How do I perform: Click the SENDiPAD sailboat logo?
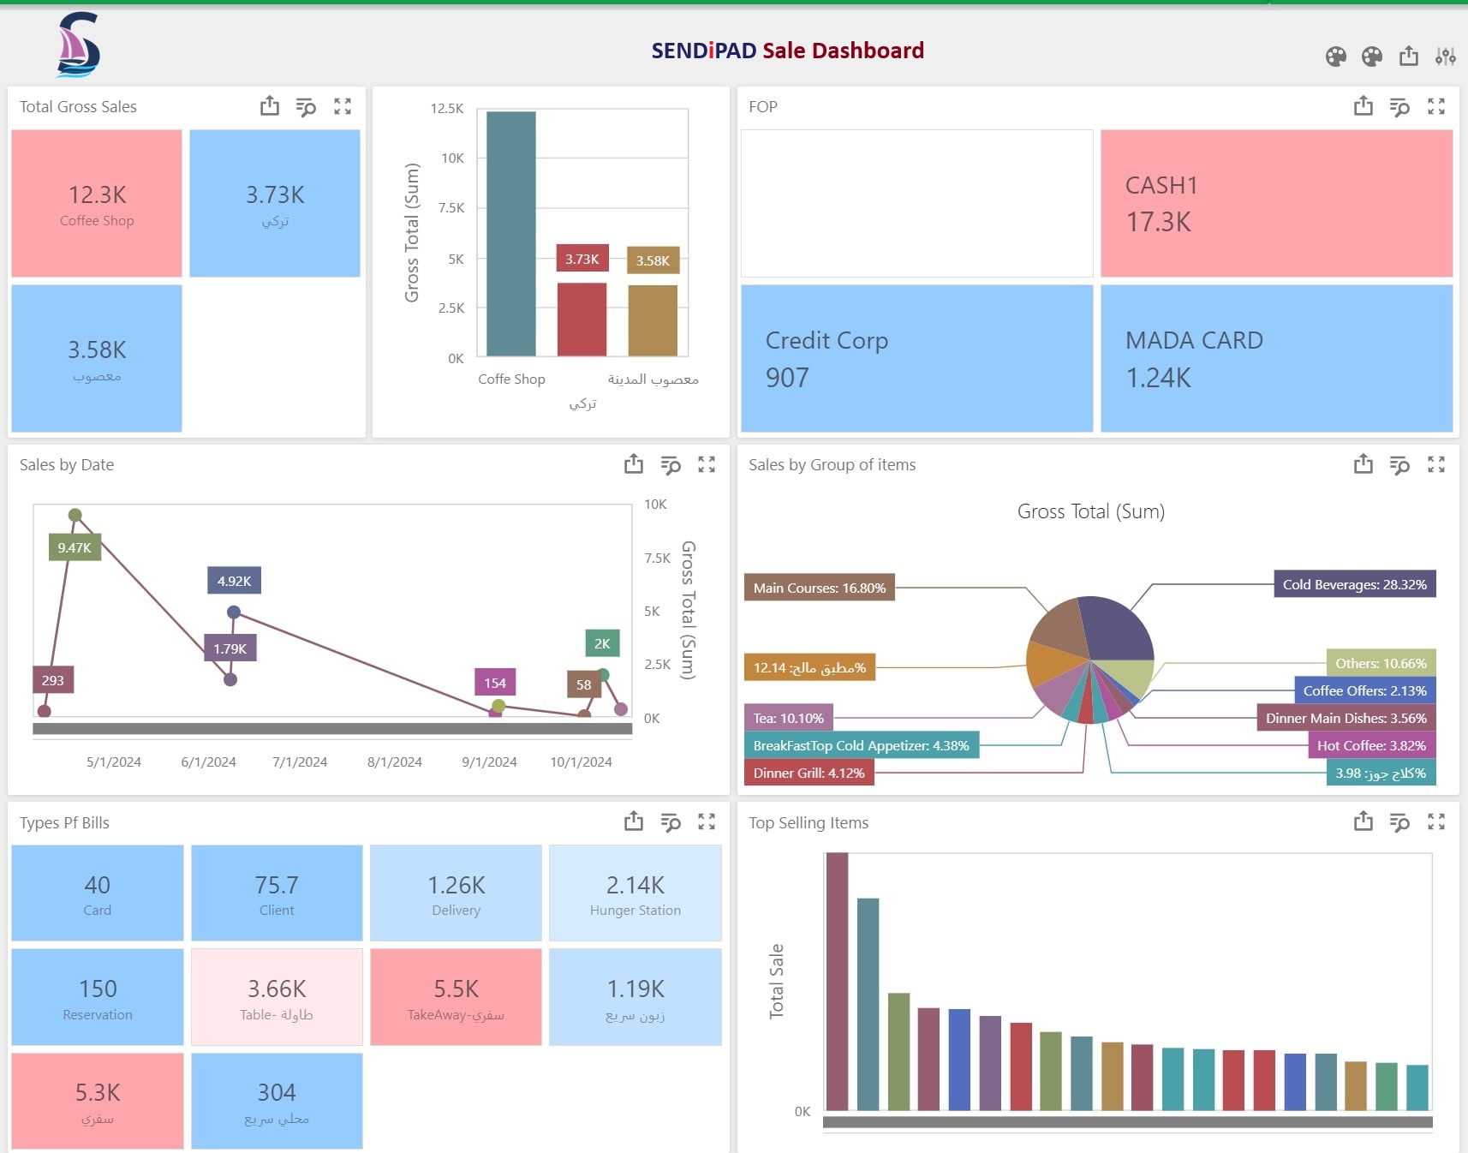click(x=78, y=45)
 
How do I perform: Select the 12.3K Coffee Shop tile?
click(x=97, y=204)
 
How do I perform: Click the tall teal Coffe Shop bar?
click(x=511, y=233)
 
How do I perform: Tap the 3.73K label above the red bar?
click(x=582, y=259)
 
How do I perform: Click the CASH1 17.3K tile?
click(x=1276, y=204)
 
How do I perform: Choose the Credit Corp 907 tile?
click(x=916, y=358)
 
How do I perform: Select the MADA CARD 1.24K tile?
click(x=1276, y=358)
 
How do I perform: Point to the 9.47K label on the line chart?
click(x=75, y=548)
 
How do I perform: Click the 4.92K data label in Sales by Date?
click(x=234, y=581)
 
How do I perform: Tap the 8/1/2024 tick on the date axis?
click(x=395, y=762)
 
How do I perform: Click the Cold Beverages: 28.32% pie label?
click(x=1354, y=584)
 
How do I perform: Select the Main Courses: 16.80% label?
click(x=819, y=588)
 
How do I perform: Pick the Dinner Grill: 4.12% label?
click(x=809, y=773)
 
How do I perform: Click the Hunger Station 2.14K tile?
click(x=635, y=893)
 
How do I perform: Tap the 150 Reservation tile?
click(x=98, y=997)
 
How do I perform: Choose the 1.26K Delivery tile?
click(x=456, y=893)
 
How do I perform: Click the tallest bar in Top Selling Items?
click(x=837, y=981)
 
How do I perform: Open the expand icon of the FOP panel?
click(x=1436, y=106)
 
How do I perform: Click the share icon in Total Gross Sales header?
click(x=270, y=106)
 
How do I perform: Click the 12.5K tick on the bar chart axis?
click(x=447, y=109)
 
